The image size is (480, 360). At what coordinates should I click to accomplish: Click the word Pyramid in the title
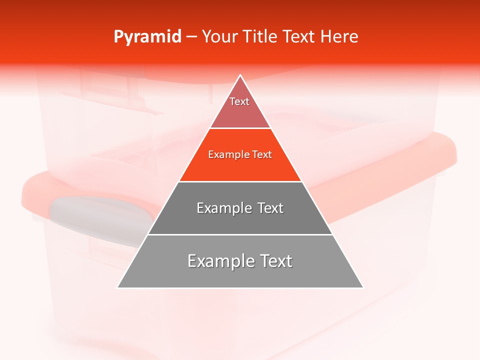[147, 37]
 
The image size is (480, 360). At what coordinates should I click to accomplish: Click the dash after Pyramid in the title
[192, 37]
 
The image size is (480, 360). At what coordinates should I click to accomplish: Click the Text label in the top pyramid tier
[239, 101]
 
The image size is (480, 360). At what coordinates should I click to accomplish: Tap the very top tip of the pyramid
[240, 75]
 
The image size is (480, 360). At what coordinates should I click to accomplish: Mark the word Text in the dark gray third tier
[269, 208]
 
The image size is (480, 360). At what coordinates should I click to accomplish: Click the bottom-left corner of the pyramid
[117, 287]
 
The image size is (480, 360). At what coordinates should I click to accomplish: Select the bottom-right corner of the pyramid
[363, 287]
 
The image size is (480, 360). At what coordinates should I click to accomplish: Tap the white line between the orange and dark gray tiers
[240, 181]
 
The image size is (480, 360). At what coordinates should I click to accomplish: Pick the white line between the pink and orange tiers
[240, 128]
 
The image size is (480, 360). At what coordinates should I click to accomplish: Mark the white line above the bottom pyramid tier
[240, 234]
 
